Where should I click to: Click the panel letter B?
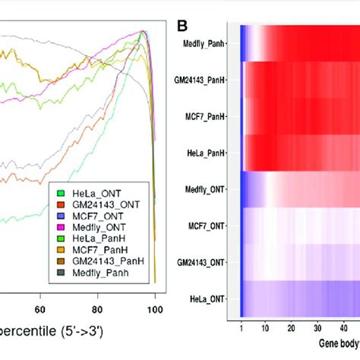click(x=182, y=26)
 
